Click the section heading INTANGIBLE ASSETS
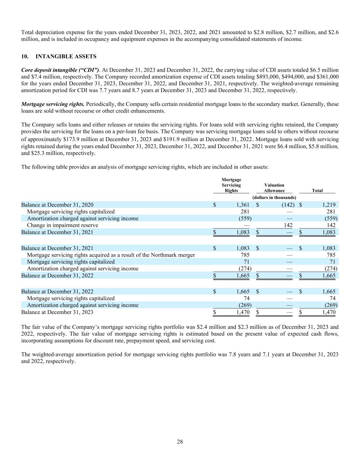[x=66, y=56]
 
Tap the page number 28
[x=180, y=442]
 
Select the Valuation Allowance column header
[x=274, y=188]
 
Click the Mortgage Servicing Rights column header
[x=231, y=185]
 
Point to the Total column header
[x=317, y=190]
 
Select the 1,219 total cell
[x=329, y=205]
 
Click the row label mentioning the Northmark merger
[x=111, y=255]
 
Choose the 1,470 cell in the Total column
[x=329, y=312]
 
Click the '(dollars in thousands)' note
[x=274, y=197]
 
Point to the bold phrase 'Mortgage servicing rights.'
[x=53, y=104]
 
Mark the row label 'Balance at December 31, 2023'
[x=57, y=312]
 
